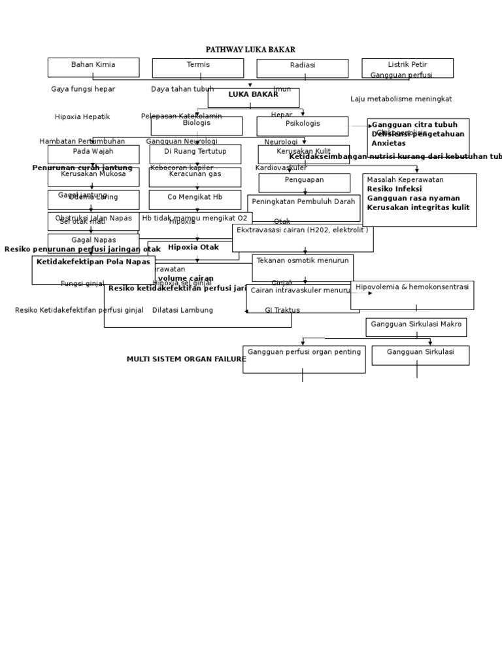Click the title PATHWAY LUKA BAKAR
(x=250, y=50)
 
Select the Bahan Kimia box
(x=93, y=67)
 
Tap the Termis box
(x=198, y=67)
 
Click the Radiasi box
(x=302, y=68)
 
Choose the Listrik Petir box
(x=407, y=67)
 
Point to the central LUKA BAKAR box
(x=253, y=97)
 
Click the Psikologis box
(x=303, y=126)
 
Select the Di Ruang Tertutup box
(x=195, y=154)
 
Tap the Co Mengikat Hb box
(x=195, y=200)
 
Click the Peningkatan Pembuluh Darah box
(x=303, y=207)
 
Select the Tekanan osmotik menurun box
(x=303, y=268)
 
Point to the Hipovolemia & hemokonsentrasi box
(x=412, y=294)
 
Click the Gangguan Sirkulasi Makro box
(x=416, y=326)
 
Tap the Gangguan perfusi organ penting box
(x=304, y=359)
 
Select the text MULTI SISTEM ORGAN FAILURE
(x=186, y=359)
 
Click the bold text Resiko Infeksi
(x=394, y=189)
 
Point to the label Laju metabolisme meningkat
(x=401, y=99)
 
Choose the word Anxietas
(x=388, y=143)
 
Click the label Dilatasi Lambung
(x=182, y=310)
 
